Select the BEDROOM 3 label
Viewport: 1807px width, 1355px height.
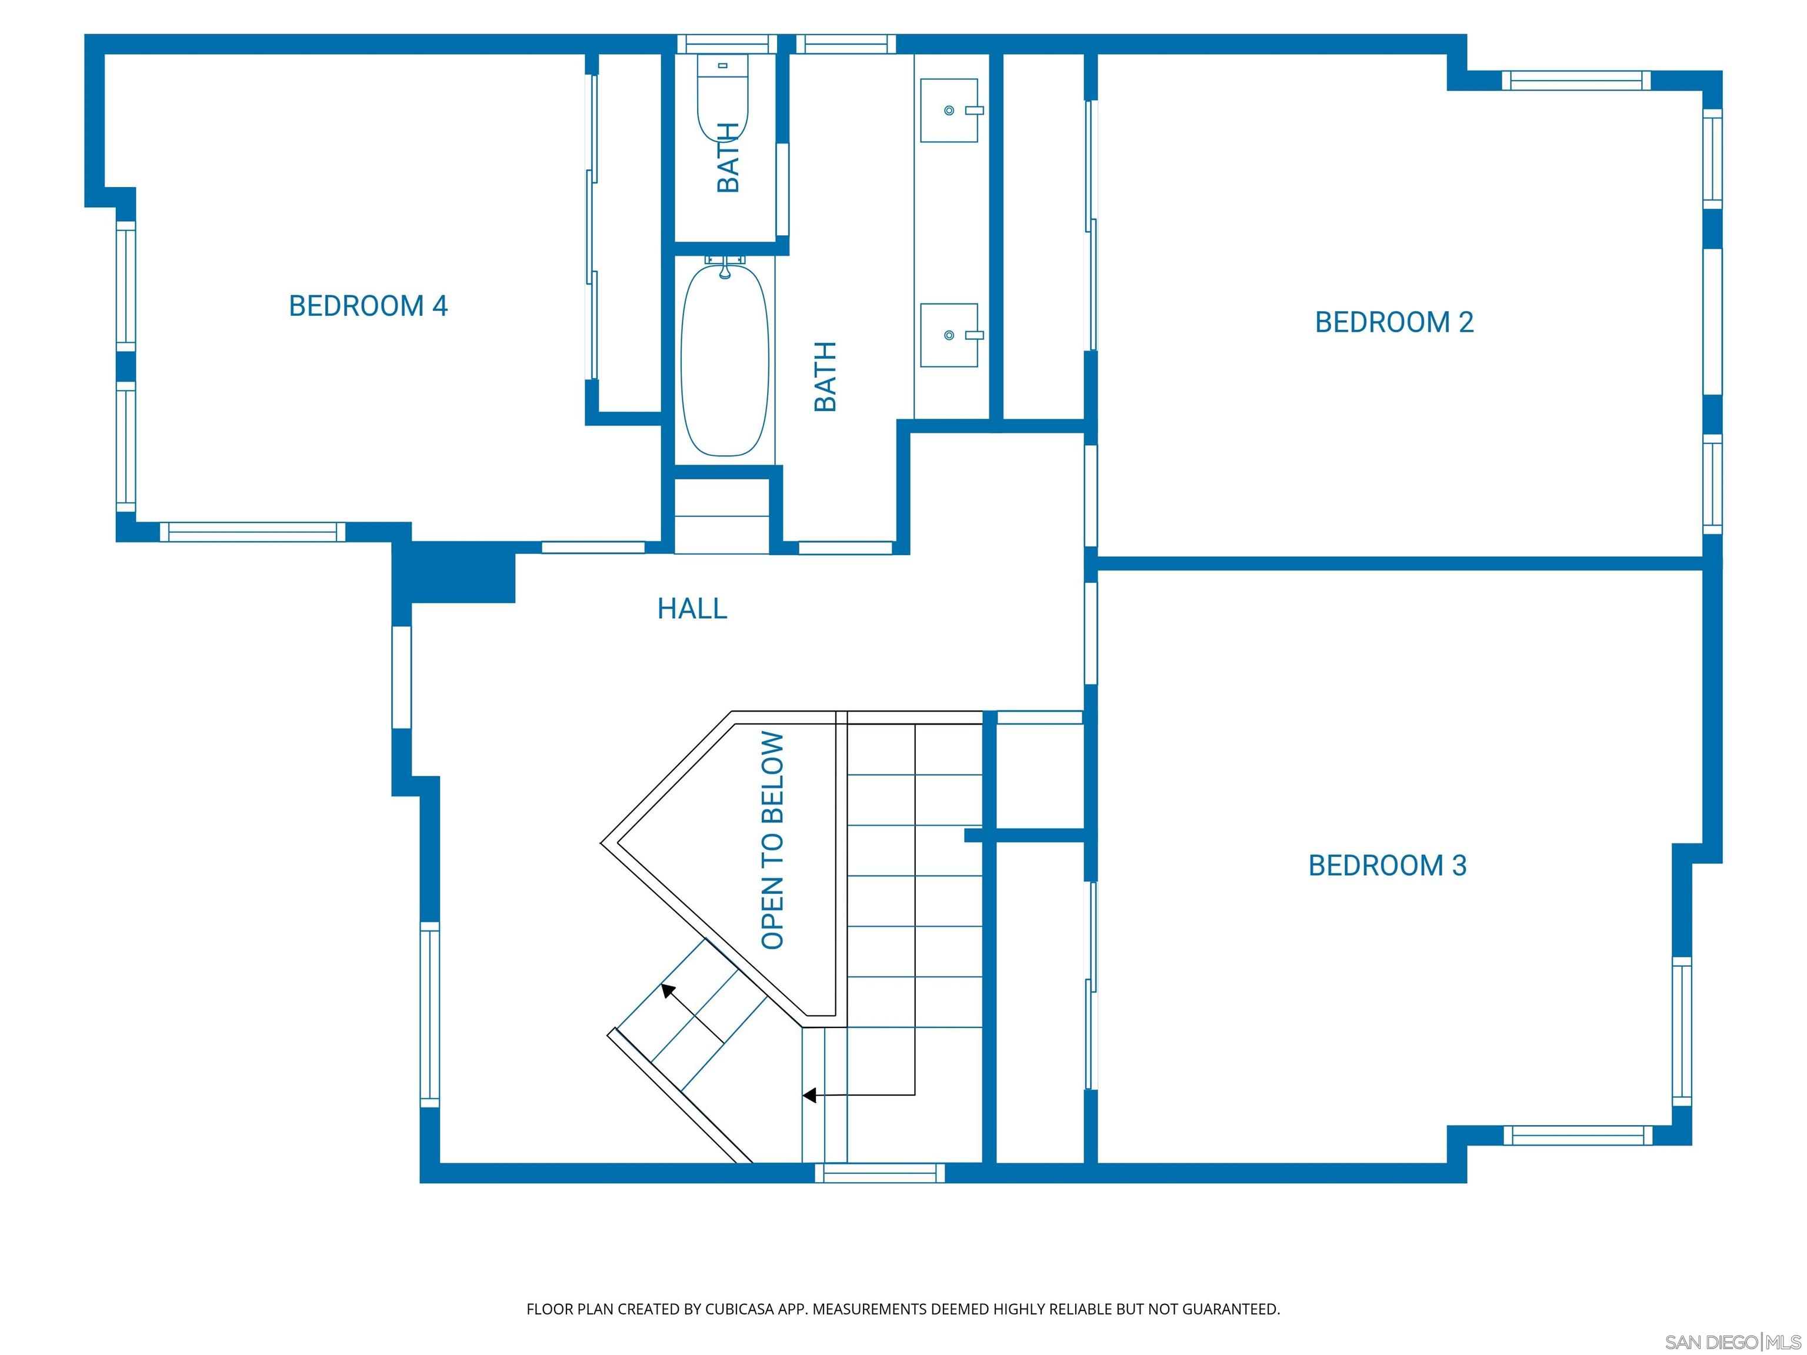(x=1387, y=865)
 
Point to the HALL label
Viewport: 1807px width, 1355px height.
(x=692, y=609)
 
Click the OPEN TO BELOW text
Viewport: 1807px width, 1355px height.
(x=772, y=840)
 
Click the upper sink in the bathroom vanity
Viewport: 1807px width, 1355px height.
(x=949, y=110)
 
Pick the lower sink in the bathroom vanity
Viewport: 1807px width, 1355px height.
(x=949, y=335)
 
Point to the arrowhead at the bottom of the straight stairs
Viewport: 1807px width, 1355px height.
(x=809, y=1095)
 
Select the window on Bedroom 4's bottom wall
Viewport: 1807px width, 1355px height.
(x=252, y=532)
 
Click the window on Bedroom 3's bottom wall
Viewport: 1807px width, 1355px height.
(x=1578, y=1134)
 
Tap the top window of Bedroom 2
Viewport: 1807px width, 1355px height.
(x=1576, y=80)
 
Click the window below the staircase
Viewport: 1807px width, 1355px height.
(x=880, y=1173)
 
